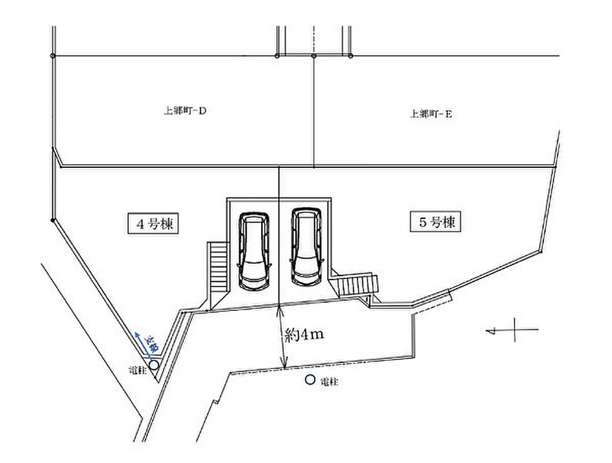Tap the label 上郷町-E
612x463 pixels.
click(x=431, y=115)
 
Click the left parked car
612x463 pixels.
click(x=254, y=251)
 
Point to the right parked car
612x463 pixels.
click(x=306, y=247)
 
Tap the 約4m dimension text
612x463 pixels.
click(x=303, y=336)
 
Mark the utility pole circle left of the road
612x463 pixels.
click(x=154, y=365)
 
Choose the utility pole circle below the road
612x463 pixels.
click(x=310, y=380)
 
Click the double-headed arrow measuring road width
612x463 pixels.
click(x=282, y=338)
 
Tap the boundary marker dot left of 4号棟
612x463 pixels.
click(x=53, y=220)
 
